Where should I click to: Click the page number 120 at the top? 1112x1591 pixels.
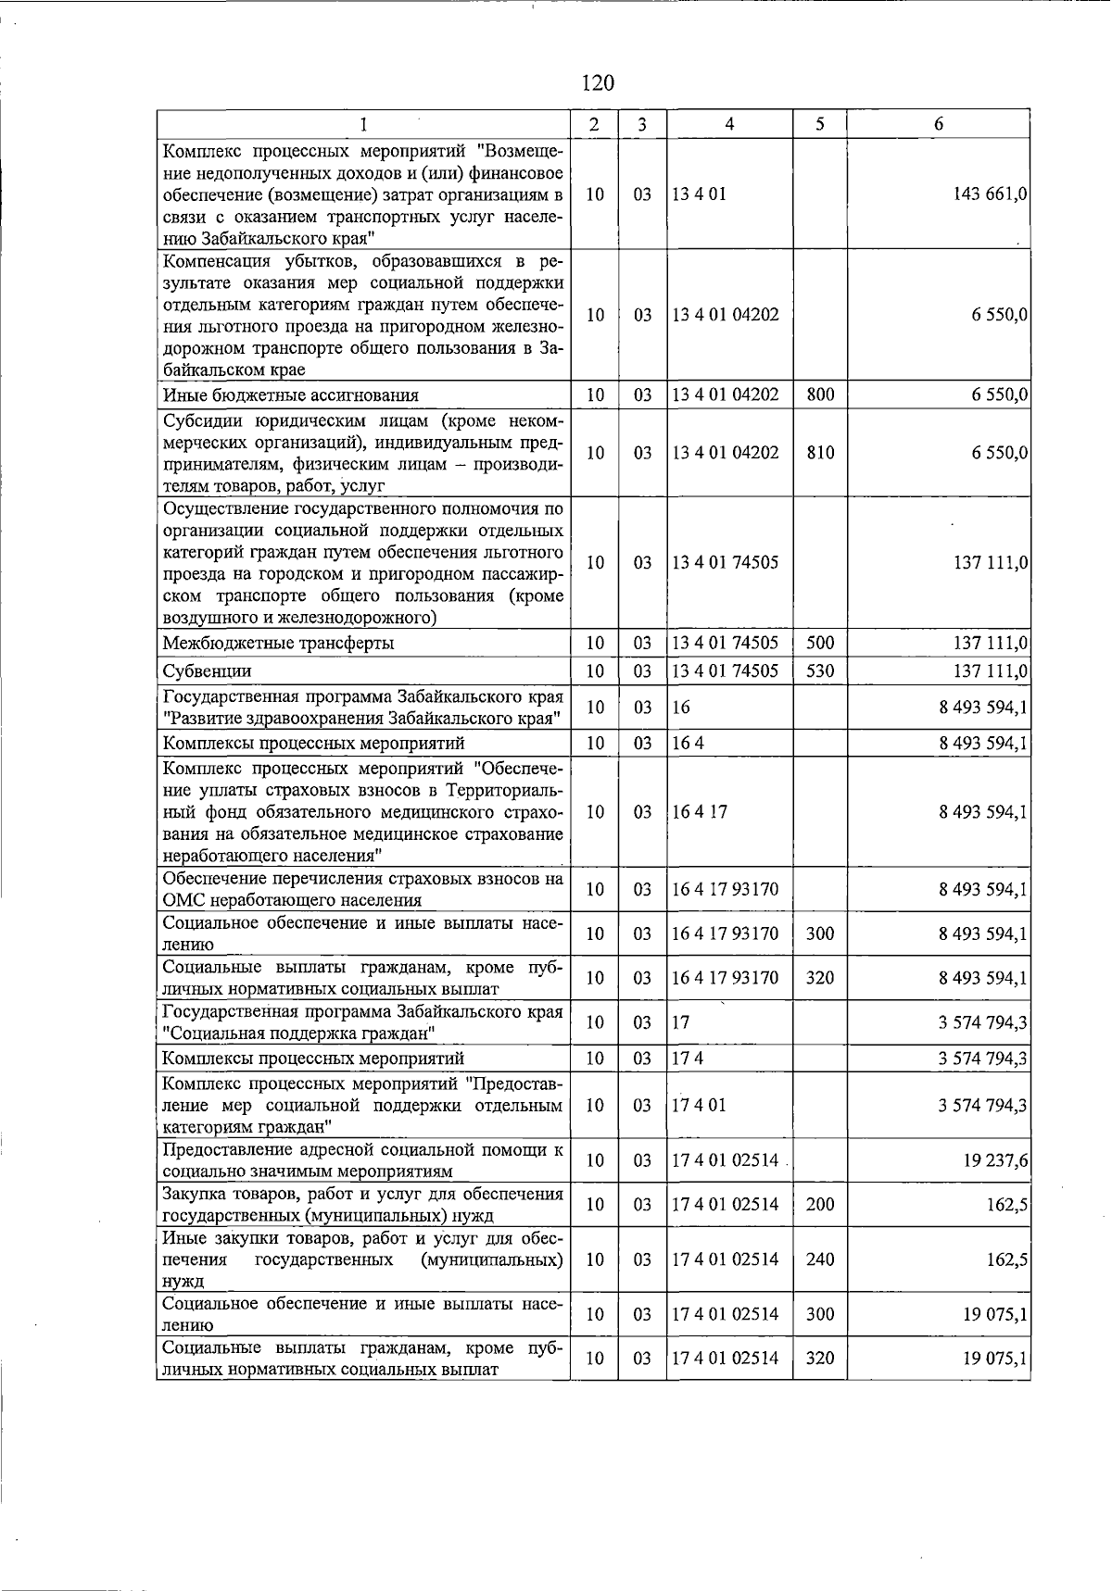coord(598,83)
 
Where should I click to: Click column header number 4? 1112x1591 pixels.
coord(729,124)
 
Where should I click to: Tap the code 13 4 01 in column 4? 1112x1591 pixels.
coord(700,194)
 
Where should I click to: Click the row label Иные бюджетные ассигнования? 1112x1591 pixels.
coord(290,395)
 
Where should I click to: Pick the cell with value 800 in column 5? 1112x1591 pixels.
coord(820,395)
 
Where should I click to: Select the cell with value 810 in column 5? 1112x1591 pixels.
coord(820,453)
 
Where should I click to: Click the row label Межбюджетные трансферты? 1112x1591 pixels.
coord(278,644)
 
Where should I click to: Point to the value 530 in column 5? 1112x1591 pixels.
coord(820,670)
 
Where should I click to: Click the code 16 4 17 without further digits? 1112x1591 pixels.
coord(700,812)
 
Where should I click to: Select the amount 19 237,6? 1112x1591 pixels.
coord(995,1161)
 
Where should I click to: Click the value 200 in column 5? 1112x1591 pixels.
coord(820,1205)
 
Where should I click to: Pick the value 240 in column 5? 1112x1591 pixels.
coord(820,1259)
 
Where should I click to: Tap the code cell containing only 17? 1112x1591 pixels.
coord(681,1022)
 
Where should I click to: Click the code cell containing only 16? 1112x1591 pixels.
coord(681,708)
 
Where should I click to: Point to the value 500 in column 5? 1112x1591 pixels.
coord(820,643)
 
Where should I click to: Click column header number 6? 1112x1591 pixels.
coord(939,124)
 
